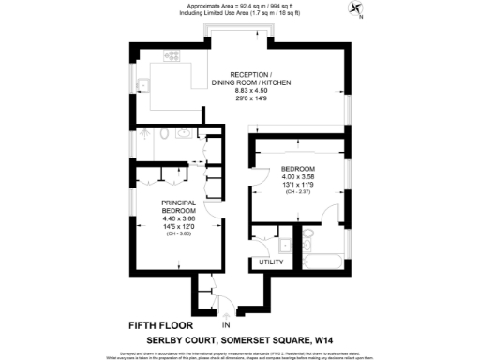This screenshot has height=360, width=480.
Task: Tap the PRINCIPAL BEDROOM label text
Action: click(178, 207)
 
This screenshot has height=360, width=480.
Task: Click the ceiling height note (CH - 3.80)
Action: click(178, 233)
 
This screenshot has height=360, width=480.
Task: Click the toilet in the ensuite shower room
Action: click(166, 134)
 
